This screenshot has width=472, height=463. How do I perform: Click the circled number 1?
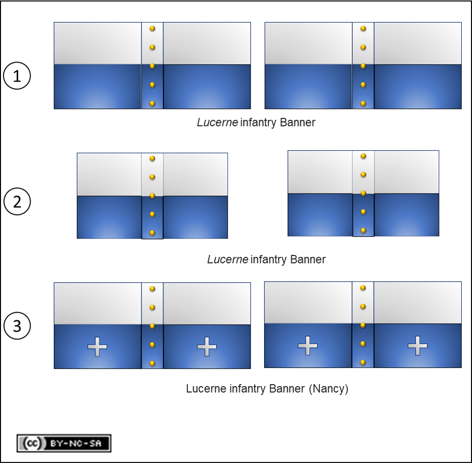17,75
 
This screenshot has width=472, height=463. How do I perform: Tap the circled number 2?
17,201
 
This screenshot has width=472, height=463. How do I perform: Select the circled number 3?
17,326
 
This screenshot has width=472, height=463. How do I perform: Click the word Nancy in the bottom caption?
329,389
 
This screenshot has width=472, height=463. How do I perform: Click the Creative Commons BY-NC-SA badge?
64,443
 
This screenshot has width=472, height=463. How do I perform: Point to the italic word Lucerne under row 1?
217,123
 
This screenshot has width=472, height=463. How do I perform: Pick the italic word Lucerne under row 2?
228,259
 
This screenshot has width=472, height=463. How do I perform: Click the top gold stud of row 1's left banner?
152,29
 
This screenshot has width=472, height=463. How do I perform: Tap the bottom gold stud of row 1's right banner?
363,103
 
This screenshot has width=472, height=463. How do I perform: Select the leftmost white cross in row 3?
97,347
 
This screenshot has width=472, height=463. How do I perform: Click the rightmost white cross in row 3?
417,346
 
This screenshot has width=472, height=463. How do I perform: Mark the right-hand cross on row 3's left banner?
207,347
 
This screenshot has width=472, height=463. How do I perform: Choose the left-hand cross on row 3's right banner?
307,346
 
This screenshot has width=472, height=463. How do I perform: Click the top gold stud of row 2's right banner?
363,156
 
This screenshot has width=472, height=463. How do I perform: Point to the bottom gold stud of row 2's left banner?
152,233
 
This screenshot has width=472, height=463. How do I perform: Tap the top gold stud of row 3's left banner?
152,289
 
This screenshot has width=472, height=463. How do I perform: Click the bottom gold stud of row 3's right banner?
363,363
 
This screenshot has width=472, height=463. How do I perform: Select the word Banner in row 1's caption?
298,123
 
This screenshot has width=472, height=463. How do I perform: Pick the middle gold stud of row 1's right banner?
363,66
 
